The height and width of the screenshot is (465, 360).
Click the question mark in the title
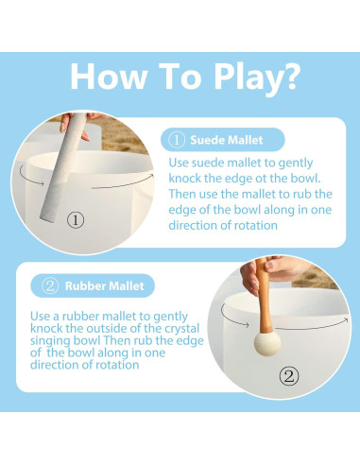point(289,76)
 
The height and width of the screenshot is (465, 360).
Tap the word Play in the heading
point(246,79)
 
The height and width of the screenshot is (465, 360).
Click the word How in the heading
point(109,77)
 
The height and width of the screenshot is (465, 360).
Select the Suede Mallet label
point(227,140)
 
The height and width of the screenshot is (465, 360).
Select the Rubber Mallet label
point(104,286)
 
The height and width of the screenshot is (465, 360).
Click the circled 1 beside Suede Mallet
point(176,140)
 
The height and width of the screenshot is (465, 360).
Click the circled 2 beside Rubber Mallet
point(50,286)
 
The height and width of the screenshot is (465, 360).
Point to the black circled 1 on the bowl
point(76,220)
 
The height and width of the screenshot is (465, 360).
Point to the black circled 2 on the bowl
point(289,376)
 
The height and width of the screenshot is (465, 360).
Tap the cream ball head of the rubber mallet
point(267,343)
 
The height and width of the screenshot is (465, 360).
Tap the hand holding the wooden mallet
point(269,271)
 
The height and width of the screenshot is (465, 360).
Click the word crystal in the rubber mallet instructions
point(182,329)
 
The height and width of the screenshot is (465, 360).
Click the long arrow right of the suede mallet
point(123,183)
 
